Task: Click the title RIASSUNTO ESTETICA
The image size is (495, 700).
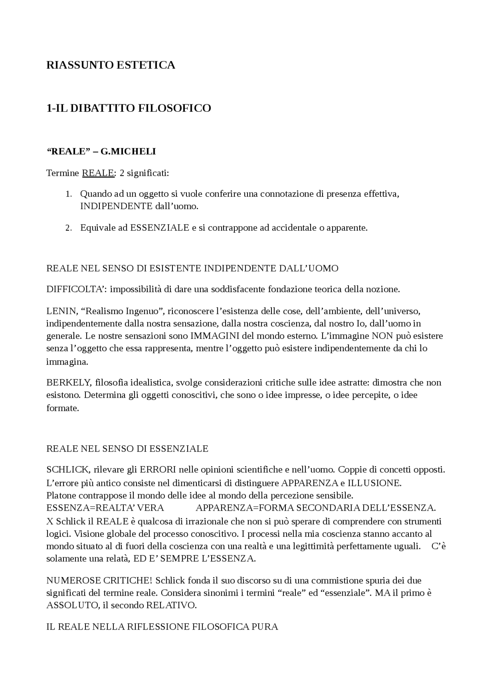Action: [111, 65]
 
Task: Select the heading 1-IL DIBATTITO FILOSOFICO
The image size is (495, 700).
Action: [128, 108]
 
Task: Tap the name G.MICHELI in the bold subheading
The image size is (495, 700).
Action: [128, 152]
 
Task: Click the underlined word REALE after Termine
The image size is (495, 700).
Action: [98, 173]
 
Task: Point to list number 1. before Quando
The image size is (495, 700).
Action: [68, 194]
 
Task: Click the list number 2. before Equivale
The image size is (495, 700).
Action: [68, 228]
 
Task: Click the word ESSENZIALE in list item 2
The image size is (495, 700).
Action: [160, 228]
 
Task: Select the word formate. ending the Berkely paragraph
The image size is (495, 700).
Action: [62, 408]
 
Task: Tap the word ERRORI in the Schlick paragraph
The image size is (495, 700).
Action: [158, 470]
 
